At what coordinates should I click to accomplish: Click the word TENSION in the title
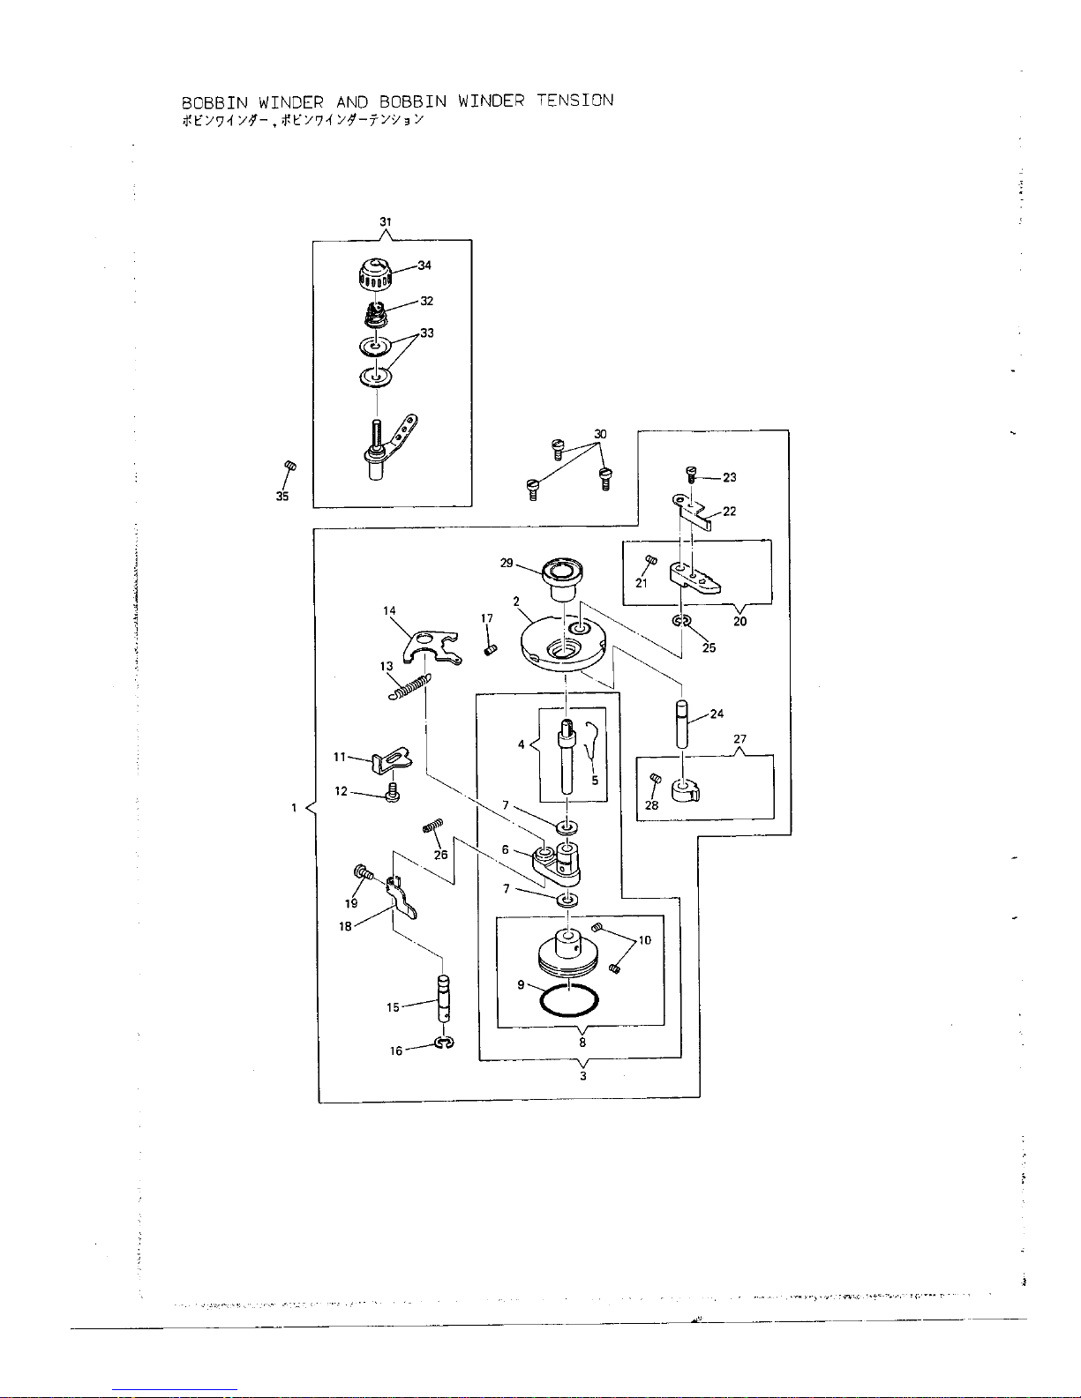click(x=574, y=101)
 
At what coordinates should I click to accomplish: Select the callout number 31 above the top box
click(x=386, y=221)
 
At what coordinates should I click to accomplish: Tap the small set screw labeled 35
click(x=289, y=467)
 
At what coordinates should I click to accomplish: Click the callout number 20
click(x=739, y=621)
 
